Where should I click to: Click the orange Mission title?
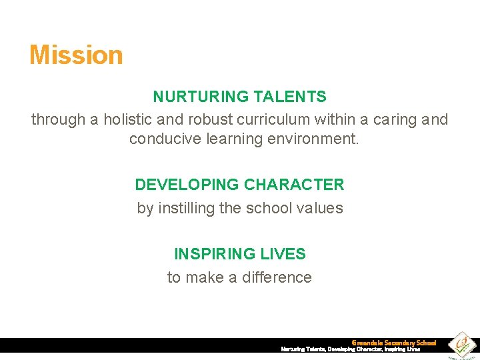tap(76, 55)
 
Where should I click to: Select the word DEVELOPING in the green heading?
tap(187, 185)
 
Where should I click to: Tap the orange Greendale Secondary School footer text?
tap(394, 343)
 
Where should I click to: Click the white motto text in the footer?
tap(351, 349)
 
